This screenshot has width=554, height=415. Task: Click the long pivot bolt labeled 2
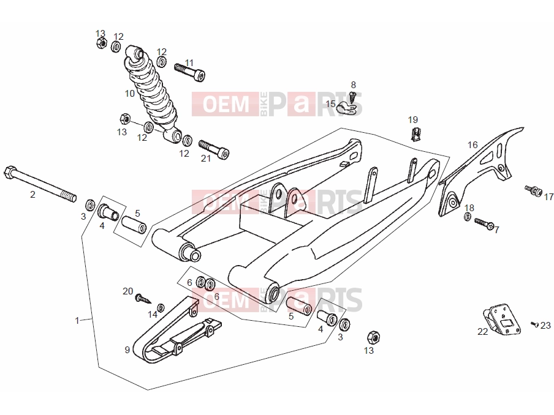click(40, 184)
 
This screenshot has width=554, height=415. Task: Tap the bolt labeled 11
click(190, 72)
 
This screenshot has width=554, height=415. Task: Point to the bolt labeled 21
click(214, 149)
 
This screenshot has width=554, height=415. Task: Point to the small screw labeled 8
click(352, 95)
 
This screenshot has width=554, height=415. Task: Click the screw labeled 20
click(143, 299)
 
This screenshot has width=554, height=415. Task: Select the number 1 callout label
click(77, 320)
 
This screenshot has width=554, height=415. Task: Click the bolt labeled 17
click(534, 190)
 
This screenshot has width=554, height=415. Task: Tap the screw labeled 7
click(484, 223)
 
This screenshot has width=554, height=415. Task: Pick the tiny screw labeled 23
click(534, 324)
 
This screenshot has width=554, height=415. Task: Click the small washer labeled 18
click(467, 217)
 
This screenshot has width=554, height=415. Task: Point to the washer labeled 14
click(161, 308)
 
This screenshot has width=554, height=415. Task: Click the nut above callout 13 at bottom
click(373, 337)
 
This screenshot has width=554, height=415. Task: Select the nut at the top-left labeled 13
click(101, 43)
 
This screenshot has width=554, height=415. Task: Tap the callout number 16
click(472, 144)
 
